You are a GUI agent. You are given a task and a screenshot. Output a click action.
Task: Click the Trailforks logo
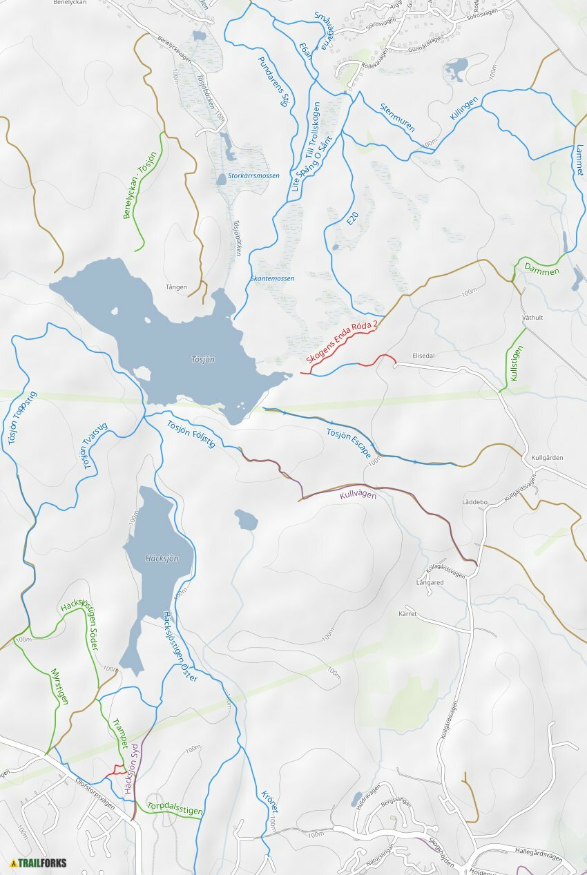point(38,863)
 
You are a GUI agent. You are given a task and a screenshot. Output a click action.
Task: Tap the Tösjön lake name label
point(203,360)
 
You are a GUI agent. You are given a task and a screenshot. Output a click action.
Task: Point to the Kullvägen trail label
point(358,495)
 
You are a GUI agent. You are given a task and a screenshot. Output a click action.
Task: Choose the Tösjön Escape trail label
point(349,443)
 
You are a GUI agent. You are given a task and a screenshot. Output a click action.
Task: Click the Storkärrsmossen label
point(253,176)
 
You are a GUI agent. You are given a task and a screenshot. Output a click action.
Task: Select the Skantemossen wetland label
point(273,278)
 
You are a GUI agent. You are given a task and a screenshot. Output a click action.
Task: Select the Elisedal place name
point(423,355)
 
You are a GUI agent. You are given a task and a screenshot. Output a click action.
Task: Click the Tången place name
point(176,287)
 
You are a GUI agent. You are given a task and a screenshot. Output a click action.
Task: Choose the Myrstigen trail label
point(60,686)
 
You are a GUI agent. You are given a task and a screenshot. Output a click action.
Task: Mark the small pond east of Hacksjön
point(247,519)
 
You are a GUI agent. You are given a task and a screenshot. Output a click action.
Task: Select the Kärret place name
point(408,613)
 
